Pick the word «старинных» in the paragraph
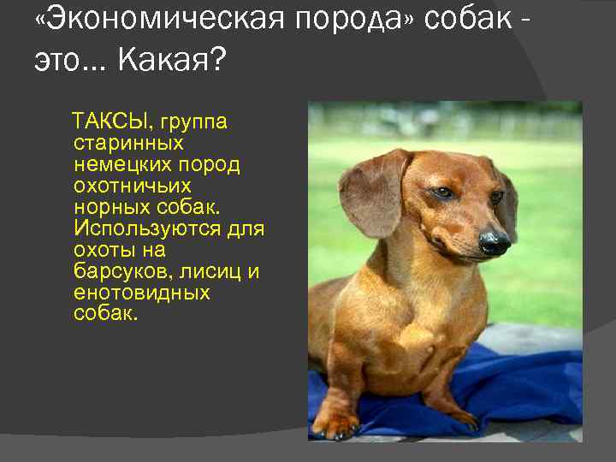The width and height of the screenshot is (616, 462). [x=128, y=143]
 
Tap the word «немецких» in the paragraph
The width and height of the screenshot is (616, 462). [x=120, y=164]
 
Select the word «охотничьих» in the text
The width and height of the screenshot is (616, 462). [x=133, y=186]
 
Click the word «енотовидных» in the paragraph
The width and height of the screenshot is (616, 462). [x=142, y=293]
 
